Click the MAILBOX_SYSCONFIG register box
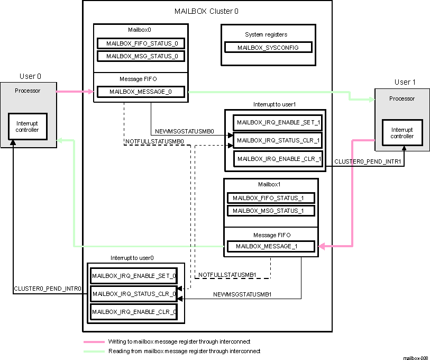268,48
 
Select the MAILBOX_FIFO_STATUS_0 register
141,43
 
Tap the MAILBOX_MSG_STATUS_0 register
141,56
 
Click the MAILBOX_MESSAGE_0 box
141,92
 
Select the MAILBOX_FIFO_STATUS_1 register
271,198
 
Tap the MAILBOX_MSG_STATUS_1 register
271,211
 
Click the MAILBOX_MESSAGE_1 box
271,246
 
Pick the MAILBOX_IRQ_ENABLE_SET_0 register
134,276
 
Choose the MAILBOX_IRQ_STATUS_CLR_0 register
134,294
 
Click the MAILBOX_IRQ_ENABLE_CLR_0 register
134,312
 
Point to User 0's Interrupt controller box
28,127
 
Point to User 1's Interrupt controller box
402,133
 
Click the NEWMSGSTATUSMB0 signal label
184,131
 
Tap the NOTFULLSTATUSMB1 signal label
227,275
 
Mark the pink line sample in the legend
94,342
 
